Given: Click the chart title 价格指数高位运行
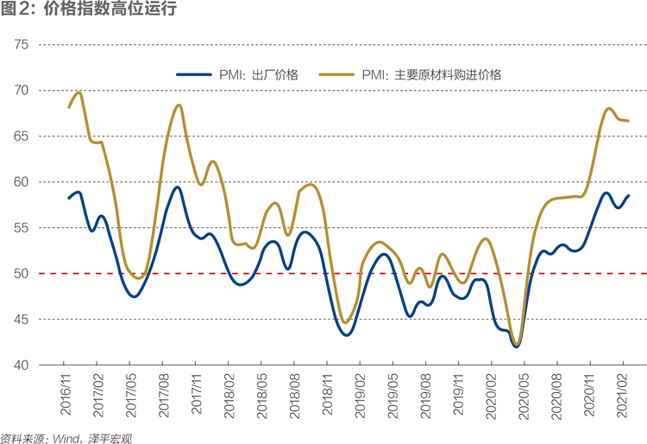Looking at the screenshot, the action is click(110, 9).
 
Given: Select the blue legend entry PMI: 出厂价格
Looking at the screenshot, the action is click(237, 75).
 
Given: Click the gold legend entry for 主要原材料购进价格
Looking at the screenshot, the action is click(410, 75).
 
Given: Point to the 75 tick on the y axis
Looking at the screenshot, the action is click(21, 44).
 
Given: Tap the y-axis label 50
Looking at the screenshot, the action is click(21, 274).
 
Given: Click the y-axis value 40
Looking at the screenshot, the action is click(21, 365).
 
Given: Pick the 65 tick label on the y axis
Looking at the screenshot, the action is click(21, 136).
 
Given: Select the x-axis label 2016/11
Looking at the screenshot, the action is click(66, 394).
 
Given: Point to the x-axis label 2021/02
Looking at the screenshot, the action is click(622, 396).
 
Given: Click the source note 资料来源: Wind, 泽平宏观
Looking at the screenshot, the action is click(66, 438).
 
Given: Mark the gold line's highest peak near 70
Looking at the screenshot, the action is click(79, 92).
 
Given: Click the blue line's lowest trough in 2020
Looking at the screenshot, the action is click(516, 346).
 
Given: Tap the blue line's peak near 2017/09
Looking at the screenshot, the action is click(177, 187).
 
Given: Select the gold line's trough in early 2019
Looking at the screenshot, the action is click(345, 322).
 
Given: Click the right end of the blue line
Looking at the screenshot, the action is click(628, 196).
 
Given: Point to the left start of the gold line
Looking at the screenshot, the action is click(69, 107).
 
